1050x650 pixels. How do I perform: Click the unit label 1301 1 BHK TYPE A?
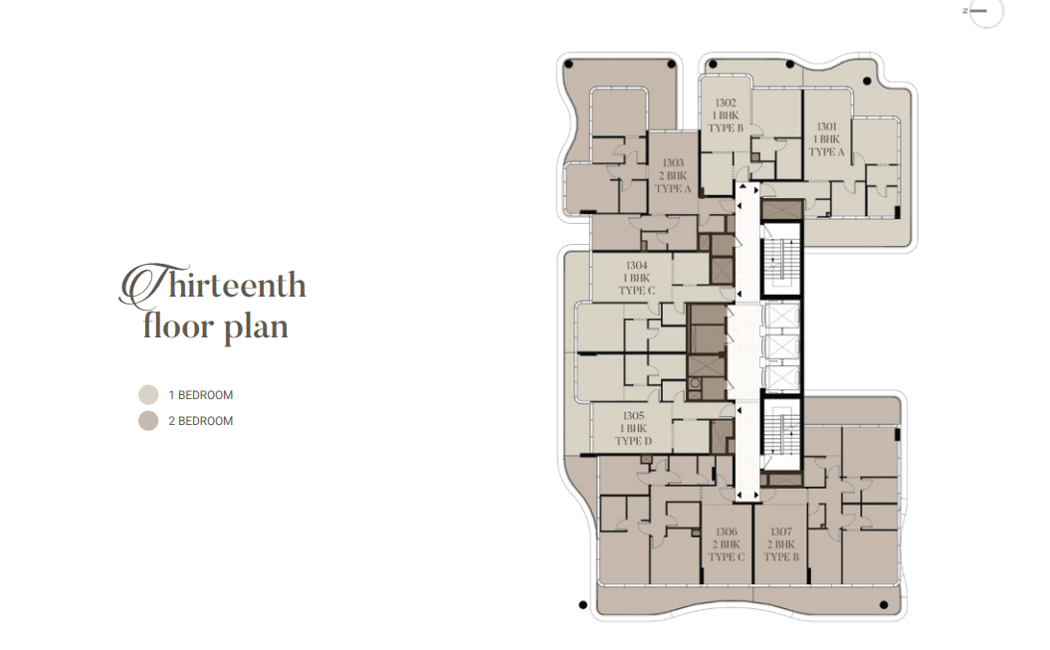826,139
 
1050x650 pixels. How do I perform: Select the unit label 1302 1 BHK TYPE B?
726,115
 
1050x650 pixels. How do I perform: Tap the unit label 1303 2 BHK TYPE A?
673,175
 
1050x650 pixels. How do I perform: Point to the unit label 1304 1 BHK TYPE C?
636,278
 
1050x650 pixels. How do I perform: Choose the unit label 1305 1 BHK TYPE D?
633,428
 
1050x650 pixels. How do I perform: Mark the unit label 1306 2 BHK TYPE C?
726,544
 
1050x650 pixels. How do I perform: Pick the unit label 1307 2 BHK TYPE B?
781,544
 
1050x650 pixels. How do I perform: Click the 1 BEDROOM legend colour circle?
148,395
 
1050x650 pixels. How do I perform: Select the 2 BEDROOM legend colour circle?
148,421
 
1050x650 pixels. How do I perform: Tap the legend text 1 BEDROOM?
201,395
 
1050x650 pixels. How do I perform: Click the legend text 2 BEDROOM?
201,421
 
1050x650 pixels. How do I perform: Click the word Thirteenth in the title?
212,285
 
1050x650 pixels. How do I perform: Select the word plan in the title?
256,329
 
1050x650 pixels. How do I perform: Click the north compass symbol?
984,11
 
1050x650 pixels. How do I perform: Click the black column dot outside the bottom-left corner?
582,605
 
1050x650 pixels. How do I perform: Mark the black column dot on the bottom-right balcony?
883,605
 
